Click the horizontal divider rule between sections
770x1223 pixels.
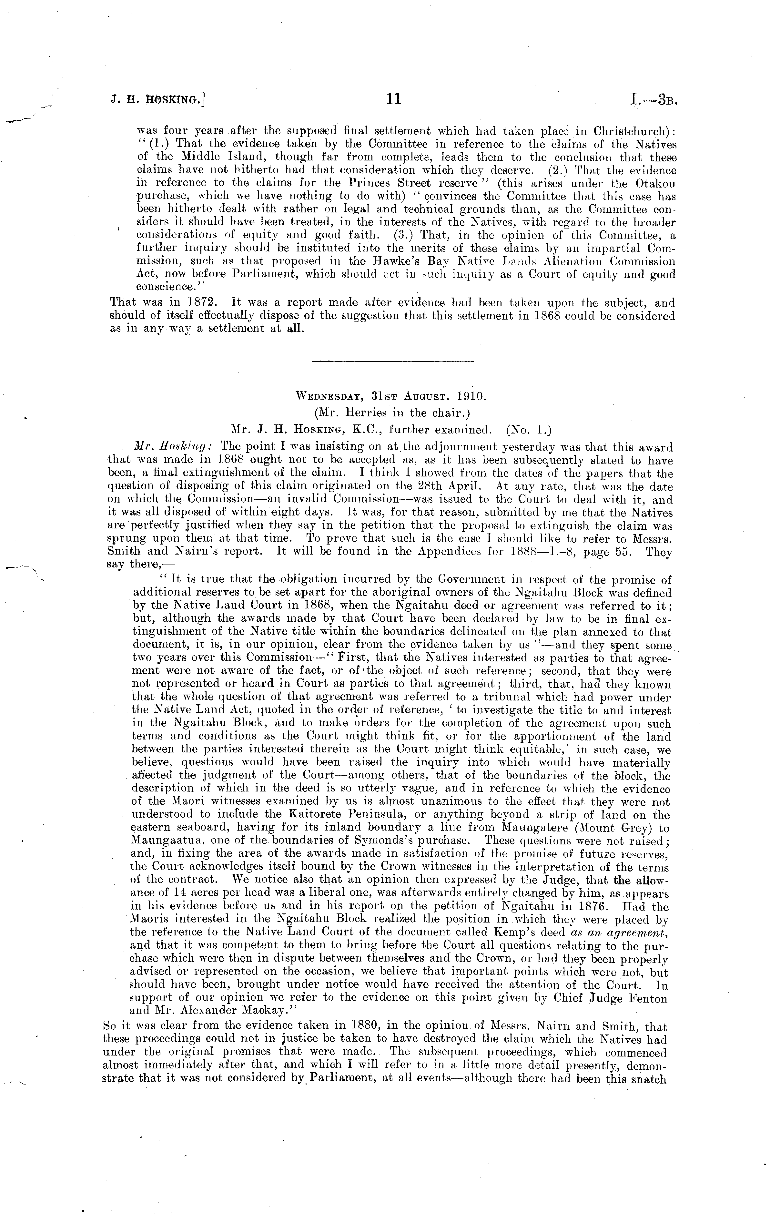[x=392, y=362]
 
